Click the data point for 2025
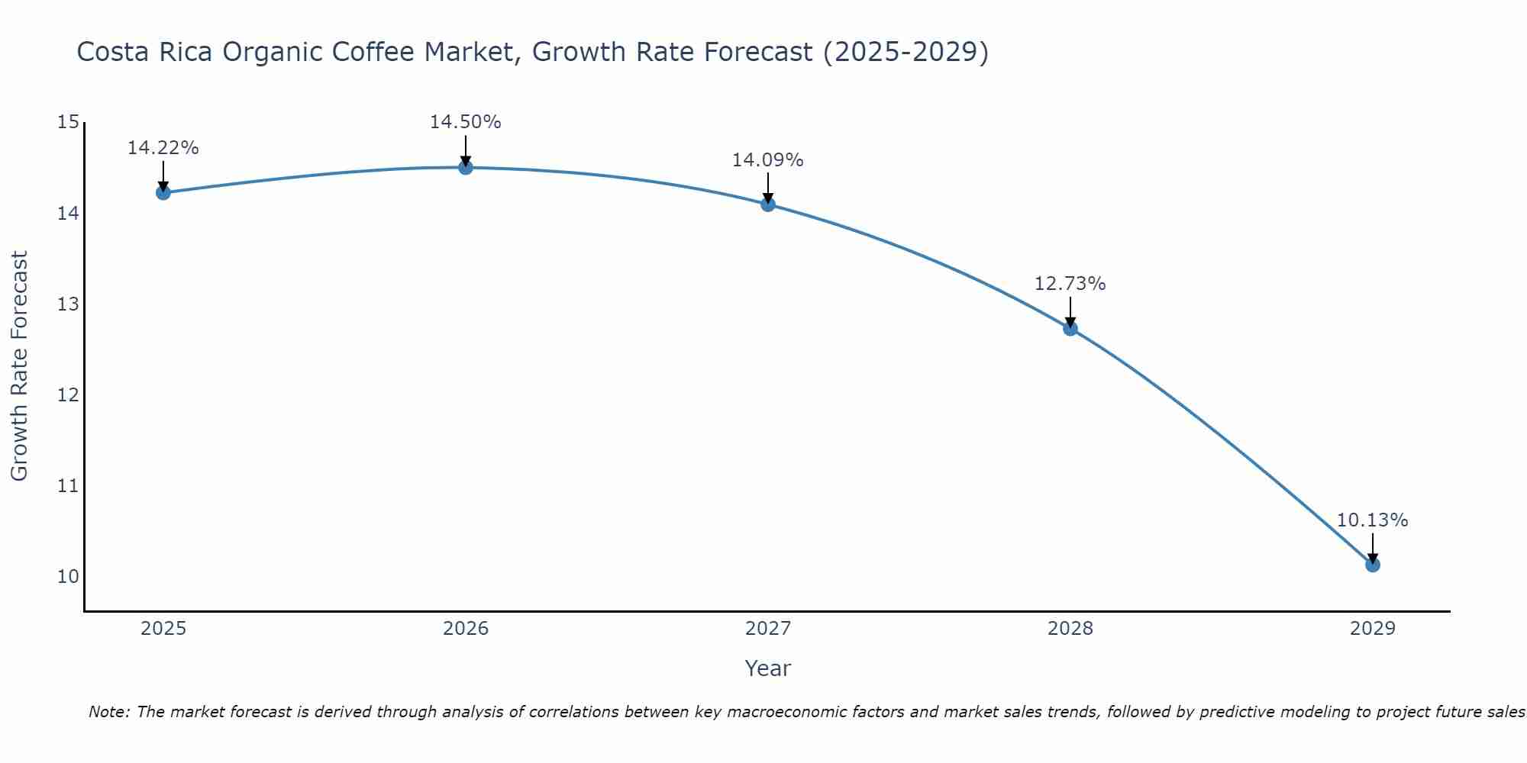163,192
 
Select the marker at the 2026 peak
465,167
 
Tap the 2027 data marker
767,204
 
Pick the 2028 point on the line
1070,328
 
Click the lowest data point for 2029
1372,565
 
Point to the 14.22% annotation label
163,148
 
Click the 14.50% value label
465,122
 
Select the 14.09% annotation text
767,160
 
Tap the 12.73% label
1070,284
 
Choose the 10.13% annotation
1372,520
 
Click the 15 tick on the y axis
68,122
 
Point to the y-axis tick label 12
68,394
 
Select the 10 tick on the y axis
68,576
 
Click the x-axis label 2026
466,629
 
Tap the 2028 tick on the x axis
1070,629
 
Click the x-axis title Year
767,668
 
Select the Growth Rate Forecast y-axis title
19,366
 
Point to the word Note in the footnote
109,712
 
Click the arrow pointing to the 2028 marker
1070,311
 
